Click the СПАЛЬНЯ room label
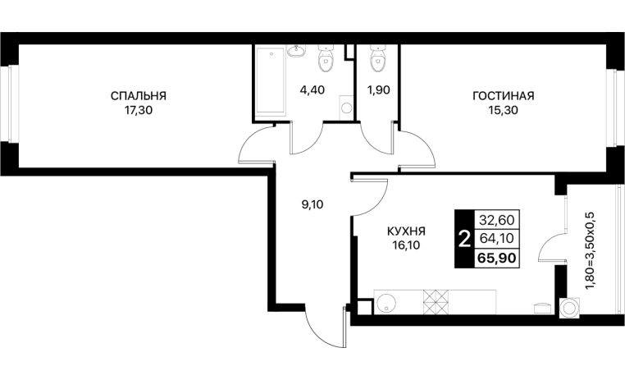coord(139,96)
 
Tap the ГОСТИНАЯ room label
coord(503,96)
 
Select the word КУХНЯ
coord(406,231)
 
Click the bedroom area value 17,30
coord(139,111)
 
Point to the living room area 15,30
coord(504,111)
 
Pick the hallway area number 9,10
coord(312,205)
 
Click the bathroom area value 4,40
coord(312,90)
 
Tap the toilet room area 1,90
coord(378,90)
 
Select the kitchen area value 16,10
coord(406,245)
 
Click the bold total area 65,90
coord(497,258)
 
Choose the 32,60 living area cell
coord(497,220)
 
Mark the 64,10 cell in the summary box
coord(497,239)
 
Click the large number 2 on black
coord(464,240)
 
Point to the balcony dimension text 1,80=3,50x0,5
coord(591,252)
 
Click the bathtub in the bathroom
coord(270,80)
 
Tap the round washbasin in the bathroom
coord(296,51)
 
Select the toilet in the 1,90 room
coord(378,58)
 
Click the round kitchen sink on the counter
coord(385,304)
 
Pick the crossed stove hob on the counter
coord(436,302)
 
